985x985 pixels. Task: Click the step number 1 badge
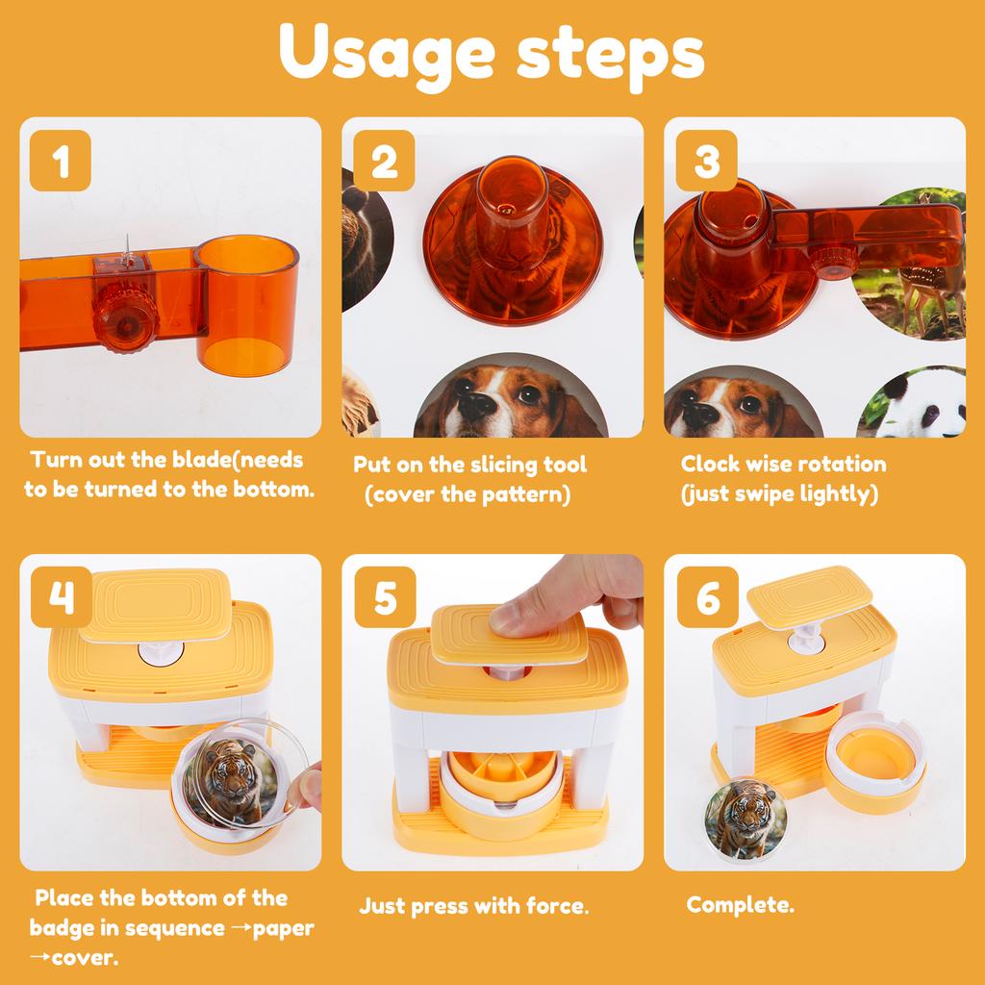pyautogui.click(x=61, y=161)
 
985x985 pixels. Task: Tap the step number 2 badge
pyautogui.click(x=384, y=161)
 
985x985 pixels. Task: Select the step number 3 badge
pyautogui.click(x=707, y=161)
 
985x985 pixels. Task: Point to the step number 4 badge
pyautogui.click(x=62, y=596)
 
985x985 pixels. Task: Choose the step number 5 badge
pyautogui.click(x=385, y=596)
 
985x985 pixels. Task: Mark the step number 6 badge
pyautogui.click(x=708, y=596)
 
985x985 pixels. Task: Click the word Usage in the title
pyautogui.click(x=387, y=55)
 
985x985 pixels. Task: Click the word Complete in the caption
pyautogui.click(x=740, y=905)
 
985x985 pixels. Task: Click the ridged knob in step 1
pyautogui.click(x=126, y=317)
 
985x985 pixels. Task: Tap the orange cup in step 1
pyautogui.click(x=247, y=305)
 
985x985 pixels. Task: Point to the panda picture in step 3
pyautogui.click(x=912, y=403)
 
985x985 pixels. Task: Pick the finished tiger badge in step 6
pyautogui.click(x=746, y=820)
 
